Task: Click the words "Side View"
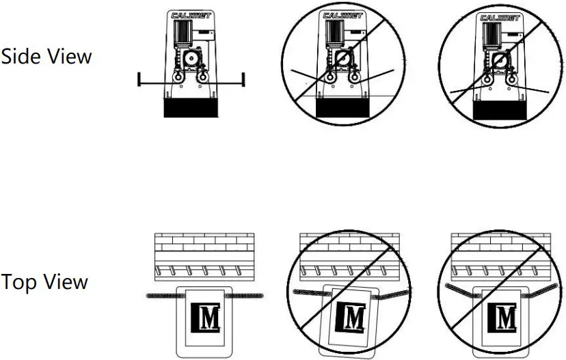46,56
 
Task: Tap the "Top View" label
44,281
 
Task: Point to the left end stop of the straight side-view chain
139,79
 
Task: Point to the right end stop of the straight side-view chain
243,79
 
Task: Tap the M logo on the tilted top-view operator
353,317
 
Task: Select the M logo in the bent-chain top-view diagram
504,317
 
